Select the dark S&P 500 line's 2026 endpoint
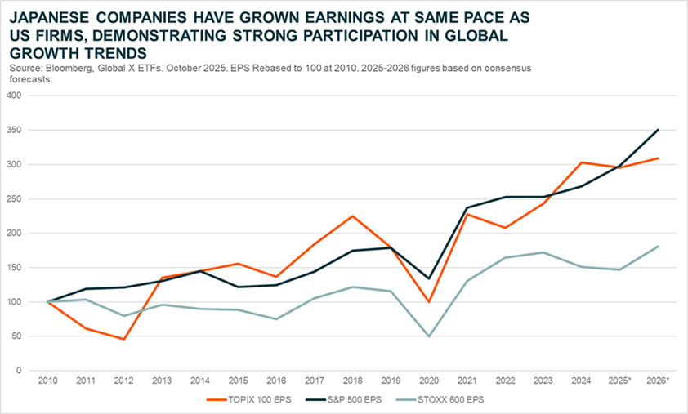[x=659, y=130]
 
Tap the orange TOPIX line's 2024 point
[x=582, y=162]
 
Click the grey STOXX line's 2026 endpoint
[x=659, y=246]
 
